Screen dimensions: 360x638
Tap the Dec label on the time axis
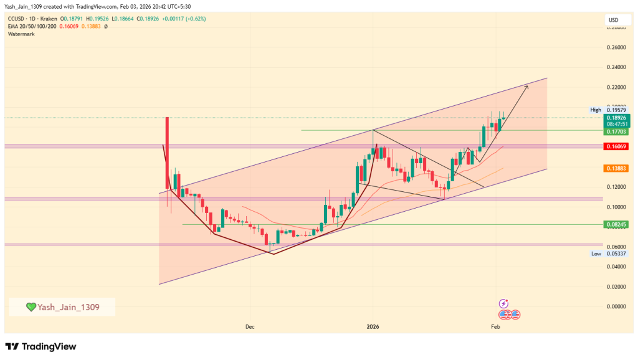click(x=250, y=326)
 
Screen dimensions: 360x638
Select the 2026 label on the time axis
click(x=373, y=326)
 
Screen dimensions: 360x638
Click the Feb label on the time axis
click(x=495, y=326)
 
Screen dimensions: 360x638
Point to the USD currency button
click(x=613, y=21)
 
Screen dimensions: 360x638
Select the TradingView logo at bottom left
click(x=40, y=346)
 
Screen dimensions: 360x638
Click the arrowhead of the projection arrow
click(x=526, y=87)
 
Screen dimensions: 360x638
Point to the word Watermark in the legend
click(x=22, y=34)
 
